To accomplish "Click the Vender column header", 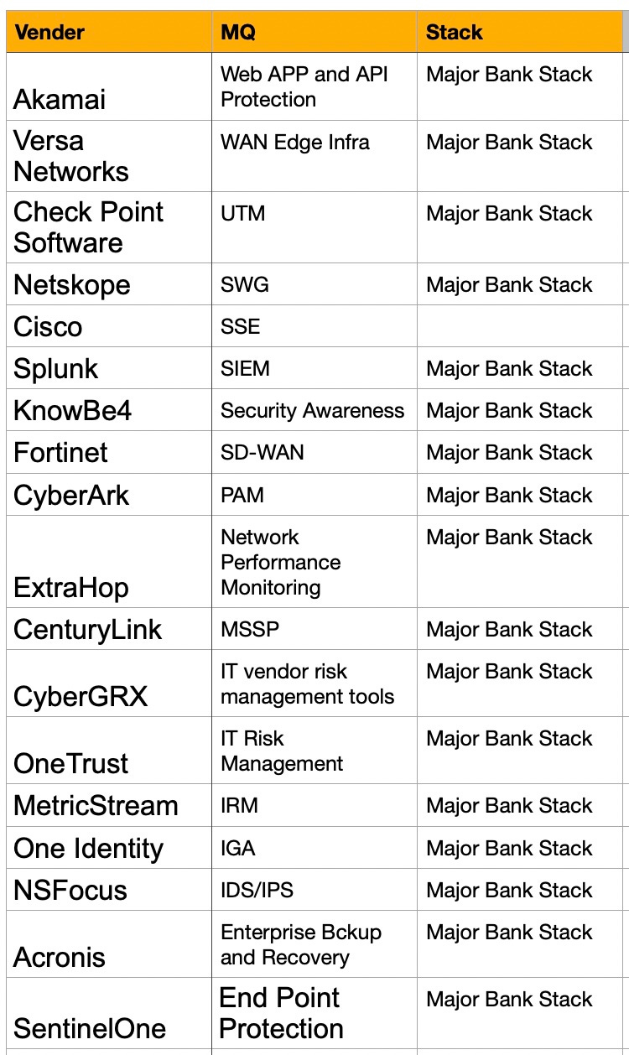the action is [50, 33].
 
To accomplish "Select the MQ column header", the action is [238, 33].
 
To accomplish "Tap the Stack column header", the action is [454, 33].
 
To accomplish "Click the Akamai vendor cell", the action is [60, 100].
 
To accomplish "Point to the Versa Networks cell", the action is [71, 157].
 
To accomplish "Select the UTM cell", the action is [243, 214].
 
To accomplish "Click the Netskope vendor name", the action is [72, 285].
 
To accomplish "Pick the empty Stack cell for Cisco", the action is [520, 326].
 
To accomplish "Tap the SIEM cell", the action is [245, 369].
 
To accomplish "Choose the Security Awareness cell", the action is [312, 411].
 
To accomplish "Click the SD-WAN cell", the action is [263, 453].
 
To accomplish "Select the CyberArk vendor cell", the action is [71, 496].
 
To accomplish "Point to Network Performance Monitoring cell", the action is [280, 562].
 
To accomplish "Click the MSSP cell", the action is [250, 630].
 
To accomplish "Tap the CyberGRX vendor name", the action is [81, 696].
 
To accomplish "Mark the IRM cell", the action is [239, 806].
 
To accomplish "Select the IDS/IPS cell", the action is [257, 890].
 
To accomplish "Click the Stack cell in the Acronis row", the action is [509, 933].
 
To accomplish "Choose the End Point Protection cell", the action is [281, 1013].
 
